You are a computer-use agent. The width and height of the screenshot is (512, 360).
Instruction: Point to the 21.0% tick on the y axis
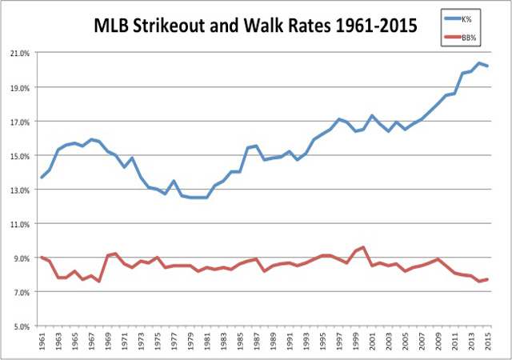[x=18, y=54]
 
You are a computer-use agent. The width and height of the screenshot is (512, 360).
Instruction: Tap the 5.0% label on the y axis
[x=20, y=326]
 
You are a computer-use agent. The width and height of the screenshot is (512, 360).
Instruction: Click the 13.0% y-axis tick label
[x=18, y=190]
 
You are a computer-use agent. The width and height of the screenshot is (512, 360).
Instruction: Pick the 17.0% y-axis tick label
[x=18, y=122]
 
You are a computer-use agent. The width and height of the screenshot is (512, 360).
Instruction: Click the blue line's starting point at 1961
[x=42, y=178]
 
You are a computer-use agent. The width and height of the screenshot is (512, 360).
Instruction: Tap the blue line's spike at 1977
[x=174, y=181]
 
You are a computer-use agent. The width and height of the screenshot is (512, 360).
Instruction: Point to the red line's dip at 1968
[x=99, y=282]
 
